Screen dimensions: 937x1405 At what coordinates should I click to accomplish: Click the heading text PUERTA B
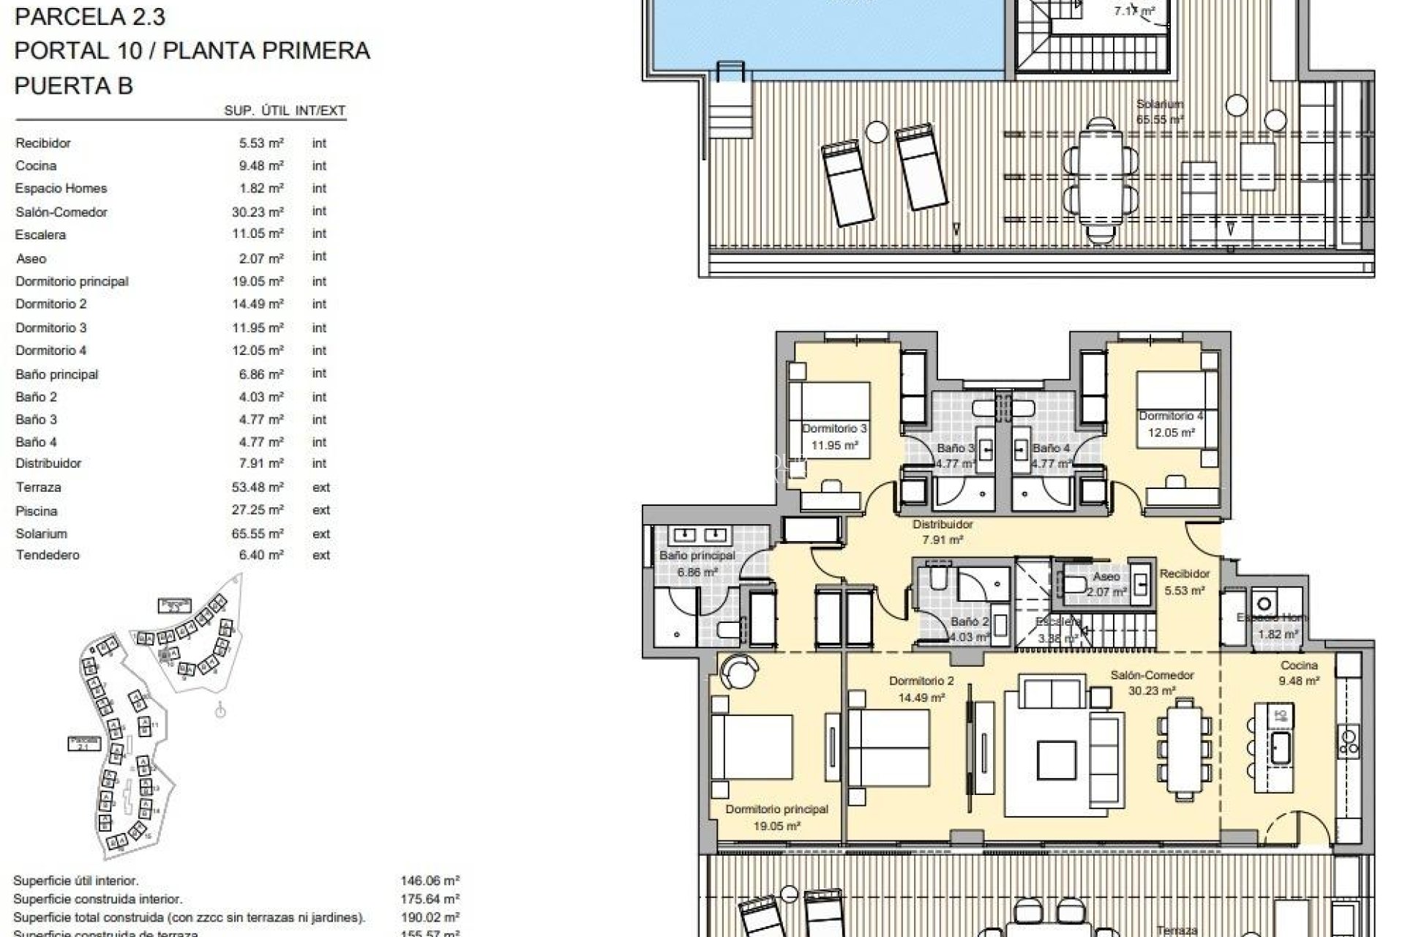[73, 86]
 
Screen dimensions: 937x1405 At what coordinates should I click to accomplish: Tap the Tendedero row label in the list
[48, 555]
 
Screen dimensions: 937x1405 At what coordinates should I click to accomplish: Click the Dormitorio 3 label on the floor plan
[834, 429]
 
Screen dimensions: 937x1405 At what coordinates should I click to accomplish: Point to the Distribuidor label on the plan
[943, 524]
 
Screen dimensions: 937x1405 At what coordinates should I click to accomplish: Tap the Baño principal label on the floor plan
[697, 556]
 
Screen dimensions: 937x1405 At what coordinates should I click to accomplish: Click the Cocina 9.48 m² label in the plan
[1299, 672]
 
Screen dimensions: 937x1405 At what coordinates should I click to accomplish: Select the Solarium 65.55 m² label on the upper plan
[1160, 111]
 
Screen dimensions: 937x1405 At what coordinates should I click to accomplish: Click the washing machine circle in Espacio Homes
[1264, 604]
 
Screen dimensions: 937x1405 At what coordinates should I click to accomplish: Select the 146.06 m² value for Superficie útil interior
[430, 881]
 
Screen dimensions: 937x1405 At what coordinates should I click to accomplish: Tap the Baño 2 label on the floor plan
[970, 622]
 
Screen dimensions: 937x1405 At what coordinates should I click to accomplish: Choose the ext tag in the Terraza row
[321, 488]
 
